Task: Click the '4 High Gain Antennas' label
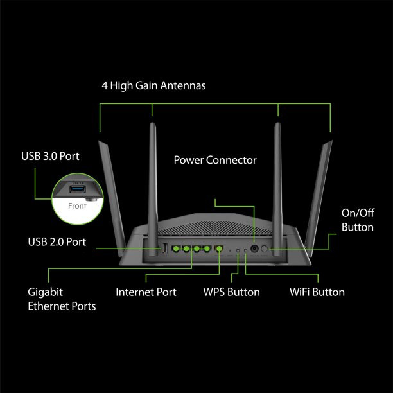click(153, 85)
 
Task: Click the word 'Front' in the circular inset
click(76, 206)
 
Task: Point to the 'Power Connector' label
click(215, 160)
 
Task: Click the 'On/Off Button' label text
click(358, 220)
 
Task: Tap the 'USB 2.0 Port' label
click(57, 242)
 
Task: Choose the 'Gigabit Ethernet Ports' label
click(62, 299)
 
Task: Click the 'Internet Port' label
click(146, 292)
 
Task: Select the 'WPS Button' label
click(231, 292)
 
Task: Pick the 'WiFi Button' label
click(317, 292)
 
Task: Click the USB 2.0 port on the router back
click(164, 249)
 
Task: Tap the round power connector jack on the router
click(254, 249)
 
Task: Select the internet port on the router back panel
click(219, 249)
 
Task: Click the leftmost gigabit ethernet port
click(175, 249)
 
